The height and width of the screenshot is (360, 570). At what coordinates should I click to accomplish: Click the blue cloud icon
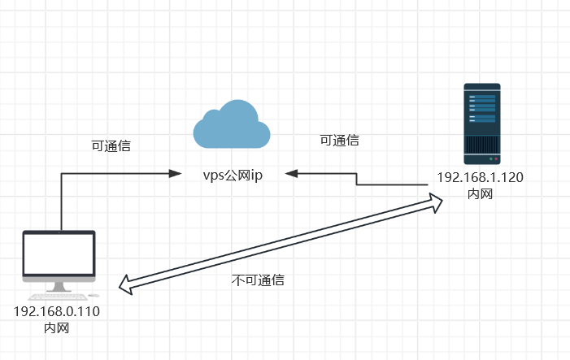231,126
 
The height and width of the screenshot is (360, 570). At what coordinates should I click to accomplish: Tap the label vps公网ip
233,175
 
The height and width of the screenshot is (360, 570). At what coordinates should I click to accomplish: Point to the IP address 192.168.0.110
57,311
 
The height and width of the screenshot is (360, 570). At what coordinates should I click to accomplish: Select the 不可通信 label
258,280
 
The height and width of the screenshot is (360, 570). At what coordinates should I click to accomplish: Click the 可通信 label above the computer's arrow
111,147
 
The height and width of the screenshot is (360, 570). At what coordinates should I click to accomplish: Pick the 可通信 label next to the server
340,141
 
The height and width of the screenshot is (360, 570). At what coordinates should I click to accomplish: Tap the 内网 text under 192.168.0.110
57,327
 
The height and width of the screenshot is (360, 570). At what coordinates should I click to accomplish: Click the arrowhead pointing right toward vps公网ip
174,173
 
